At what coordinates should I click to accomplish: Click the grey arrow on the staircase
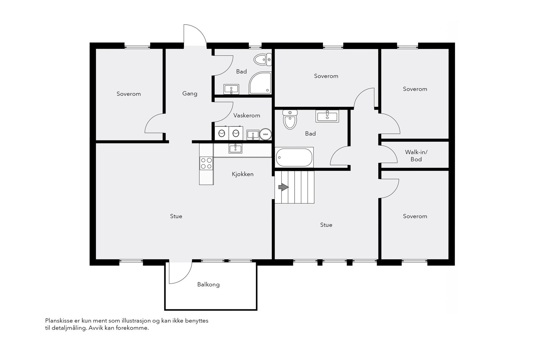pyautogui.click(x=283, y=187)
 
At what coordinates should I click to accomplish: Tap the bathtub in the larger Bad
pyautogui.click(x=294, y=157)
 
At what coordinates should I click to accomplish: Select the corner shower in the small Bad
pyautogui.click(x=260, y=83)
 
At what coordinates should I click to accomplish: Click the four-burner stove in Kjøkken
pyautogui.click(x=206, y=163)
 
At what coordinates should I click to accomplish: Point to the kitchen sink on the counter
pyautogui.click(x=235, y=148)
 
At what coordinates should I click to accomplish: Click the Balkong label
pyautogui.click(x=209, y=284)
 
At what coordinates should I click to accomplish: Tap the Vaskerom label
pyautogui.click(x=247, y=115)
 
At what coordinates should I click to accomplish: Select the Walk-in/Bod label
pyautogui.click(x=416, y=156)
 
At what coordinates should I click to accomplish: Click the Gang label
pyautogui.click(x=190, y=93)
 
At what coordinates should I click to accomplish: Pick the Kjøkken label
pyautogui.click(x=243, y=174)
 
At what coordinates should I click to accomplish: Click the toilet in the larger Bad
pyautogui.click(x=290, y=119)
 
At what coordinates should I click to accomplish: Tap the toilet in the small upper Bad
pyautogui.click(x=263, y=59)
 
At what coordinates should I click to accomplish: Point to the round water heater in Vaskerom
pyautogui.click(x=265, y=134)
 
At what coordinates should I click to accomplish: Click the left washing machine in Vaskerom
pyautogui.click(x=221, y=133)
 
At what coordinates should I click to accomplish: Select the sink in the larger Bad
pyautogui.click(x=327, y=116)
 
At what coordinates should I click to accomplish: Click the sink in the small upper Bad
pyautogui.click(x=231, y=89)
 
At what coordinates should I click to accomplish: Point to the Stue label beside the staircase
pyautogui.click(x=326, y=225)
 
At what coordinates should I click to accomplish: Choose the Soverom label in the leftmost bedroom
pyautogui.click(x=129, y=94)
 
